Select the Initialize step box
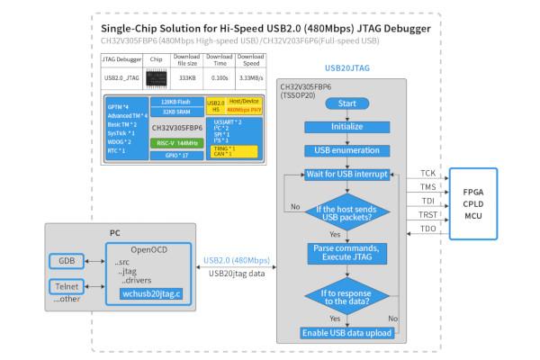click(347, 127)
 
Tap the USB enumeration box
click(347, 149)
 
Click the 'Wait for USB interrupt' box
click(347, 173)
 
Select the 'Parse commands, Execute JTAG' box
click(347, 253)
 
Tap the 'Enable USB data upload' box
click(347, 333)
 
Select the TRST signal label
click(427, 216)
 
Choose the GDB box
click(67, 261)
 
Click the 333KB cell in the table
click(188, 77)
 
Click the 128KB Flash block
click(177, 102)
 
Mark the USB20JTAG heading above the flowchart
click(347, 67)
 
